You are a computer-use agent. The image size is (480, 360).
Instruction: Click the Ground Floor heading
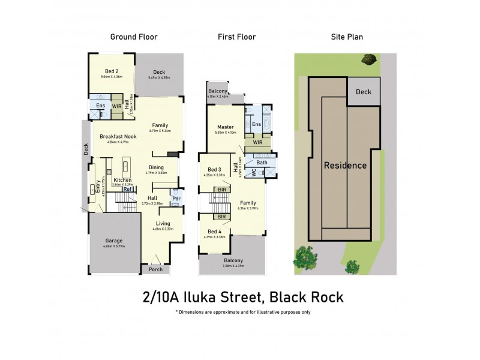133,37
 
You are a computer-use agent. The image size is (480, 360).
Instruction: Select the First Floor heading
236,37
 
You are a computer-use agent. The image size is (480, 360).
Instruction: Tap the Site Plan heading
347,37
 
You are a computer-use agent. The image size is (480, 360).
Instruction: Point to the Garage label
114,241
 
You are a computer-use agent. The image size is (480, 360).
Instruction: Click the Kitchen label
122,180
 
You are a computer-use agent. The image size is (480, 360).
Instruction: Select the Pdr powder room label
176,199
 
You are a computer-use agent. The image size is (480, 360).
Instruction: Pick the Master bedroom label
226,127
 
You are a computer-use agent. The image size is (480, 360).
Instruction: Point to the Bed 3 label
215,170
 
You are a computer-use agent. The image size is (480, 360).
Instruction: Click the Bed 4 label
214,231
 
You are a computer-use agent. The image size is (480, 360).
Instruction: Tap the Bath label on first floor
262,163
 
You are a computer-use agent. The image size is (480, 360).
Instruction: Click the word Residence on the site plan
344,165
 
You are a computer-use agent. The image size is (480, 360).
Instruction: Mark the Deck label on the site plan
364,92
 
